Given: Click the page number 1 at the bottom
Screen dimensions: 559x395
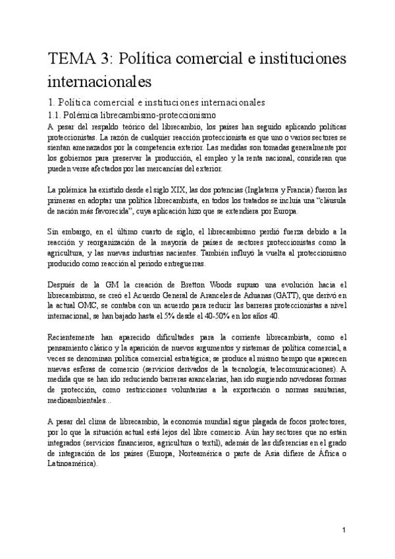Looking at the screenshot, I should click(x=344, y=530).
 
